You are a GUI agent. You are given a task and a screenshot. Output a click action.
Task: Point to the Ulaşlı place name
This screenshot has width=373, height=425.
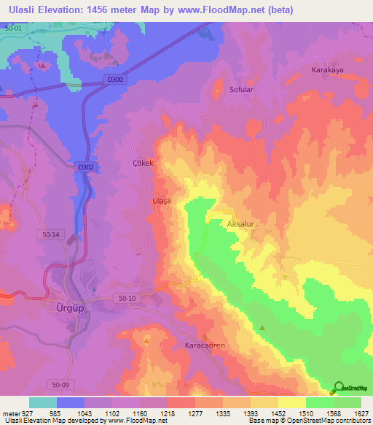tap(161, 201)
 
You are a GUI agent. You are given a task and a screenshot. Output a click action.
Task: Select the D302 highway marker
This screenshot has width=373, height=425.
tap(85, 167)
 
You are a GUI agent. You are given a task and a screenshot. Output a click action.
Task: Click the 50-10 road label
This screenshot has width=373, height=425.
tap(127, 297)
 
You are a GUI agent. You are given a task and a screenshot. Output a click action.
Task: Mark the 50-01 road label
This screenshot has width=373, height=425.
tap(12, 27)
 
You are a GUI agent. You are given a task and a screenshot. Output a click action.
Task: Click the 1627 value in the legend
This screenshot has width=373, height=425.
tap(361, 413)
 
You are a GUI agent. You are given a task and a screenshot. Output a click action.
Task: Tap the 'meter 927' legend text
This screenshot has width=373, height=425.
tap(14, 413)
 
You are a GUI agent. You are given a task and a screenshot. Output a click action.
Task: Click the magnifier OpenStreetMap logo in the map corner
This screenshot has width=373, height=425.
tap(339, 388)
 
